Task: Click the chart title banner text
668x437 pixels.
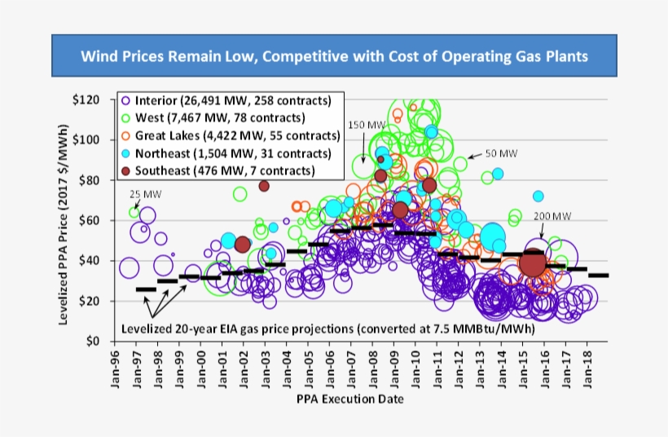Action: point(333,57)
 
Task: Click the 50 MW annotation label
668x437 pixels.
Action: point(500,153)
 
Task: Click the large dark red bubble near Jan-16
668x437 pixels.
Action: point(532,263)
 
